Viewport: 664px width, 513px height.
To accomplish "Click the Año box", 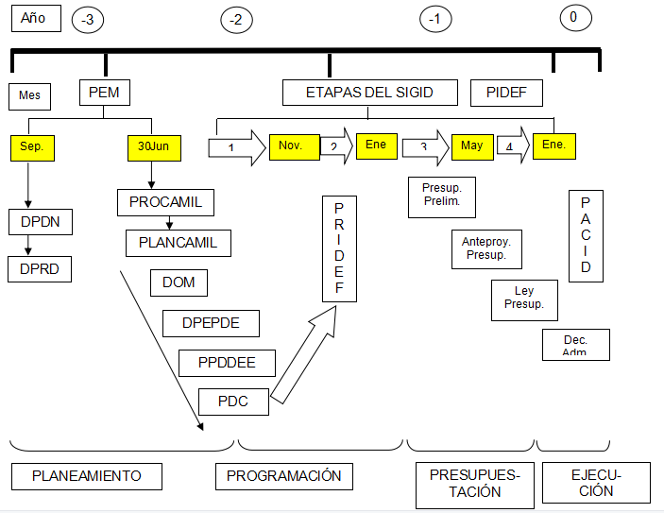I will pyautogui.click(x=35, y=18).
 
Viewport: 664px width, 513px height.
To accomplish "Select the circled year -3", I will pyautogui.click(x=87, y=19).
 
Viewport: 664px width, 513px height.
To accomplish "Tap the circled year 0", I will pyautogui.click(x=574, y=17).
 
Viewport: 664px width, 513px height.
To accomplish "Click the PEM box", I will pyautogui.click(x=104, y=92).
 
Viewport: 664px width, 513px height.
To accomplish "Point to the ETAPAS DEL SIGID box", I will pyautogui.click(x=369, y=92).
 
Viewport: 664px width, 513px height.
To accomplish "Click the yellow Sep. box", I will pyautogui.click(x=33, y=147).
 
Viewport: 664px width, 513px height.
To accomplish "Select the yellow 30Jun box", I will pyautogui.click(x=153, y=147).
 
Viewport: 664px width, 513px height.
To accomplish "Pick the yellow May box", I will pyautogui.click(x=473, y=146).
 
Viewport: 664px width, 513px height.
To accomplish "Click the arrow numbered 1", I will pyautogui.click(x=235, y=147).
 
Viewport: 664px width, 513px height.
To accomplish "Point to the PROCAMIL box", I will pyautogui.click(x=165, y=202).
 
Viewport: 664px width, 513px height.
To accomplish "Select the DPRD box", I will pyautogui.click(x=39, y=268).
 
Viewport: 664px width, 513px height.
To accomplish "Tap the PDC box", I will pyautogui.click(x=233, y=401).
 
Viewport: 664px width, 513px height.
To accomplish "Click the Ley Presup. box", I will pyautogui.click(x=524, y=299).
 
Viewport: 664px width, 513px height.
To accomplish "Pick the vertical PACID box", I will pyautogui.click(x=586, y=234).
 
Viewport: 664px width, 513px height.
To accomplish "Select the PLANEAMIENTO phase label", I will pyautogui.click(x=87, y=476).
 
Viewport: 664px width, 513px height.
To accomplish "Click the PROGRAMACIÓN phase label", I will pyautogui.click(x=284, y=476).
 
